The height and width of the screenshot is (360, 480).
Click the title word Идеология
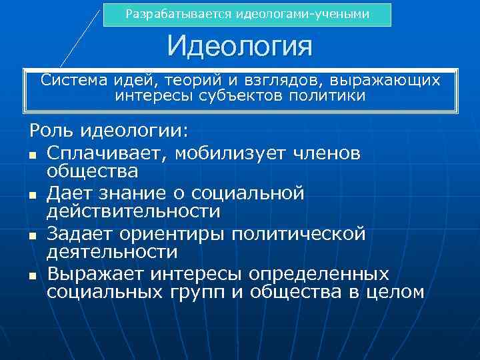240,47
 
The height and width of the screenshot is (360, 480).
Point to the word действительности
133,211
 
